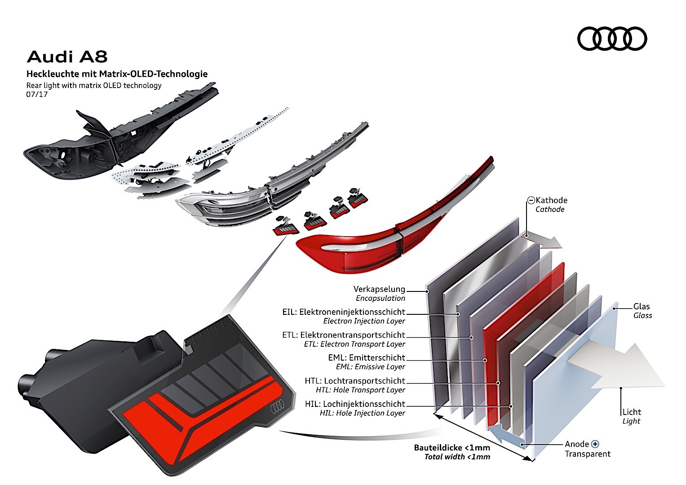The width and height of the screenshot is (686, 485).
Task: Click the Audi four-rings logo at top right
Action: pyautogui.click(x=612, y=38)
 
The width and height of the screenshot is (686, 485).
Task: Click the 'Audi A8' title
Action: pyautogui.click(x=67, y=57)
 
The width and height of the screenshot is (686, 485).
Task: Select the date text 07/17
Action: pyautogui.click(x=37, y=95)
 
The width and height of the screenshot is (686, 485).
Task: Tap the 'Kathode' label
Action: pyautogui.click(x=551, y=200)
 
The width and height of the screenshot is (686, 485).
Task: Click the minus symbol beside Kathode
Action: pyautogui.click(x=531, y=200)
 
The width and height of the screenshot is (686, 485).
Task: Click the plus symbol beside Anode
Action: pyautogui.click(x=595, y=444)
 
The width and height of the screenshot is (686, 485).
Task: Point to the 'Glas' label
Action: pyautogui.click(x=642, y=306)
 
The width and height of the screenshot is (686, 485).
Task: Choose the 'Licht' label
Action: pyautogui.click(x=632, y=412)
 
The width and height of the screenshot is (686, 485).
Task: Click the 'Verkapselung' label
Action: pyautogui.click(x=379, y=289)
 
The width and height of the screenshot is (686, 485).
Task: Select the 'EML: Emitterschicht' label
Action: pyautogui.click(x=367, y=358)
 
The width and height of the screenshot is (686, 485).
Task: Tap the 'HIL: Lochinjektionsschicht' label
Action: pyautogui.click(x=355, y=404)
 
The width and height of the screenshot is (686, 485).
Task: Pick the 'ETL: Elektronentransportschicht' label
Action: pyautogui.click(x=344, y=335)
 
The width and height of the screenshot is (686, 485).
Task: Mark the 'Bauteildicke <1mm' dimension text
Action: pyautogui.click(x=452, y=448)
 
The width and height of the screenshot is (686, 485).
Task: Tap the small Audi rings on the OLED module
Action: pyautogui.click(x=277, y=407)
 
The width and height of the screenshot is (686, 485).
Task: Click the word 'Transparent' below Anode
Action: pyautogui.click(x=588, y=454)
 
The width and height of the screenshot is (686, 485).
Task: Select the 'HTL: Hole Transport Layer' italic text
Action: pyautogui.click(x=360, y=390)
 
